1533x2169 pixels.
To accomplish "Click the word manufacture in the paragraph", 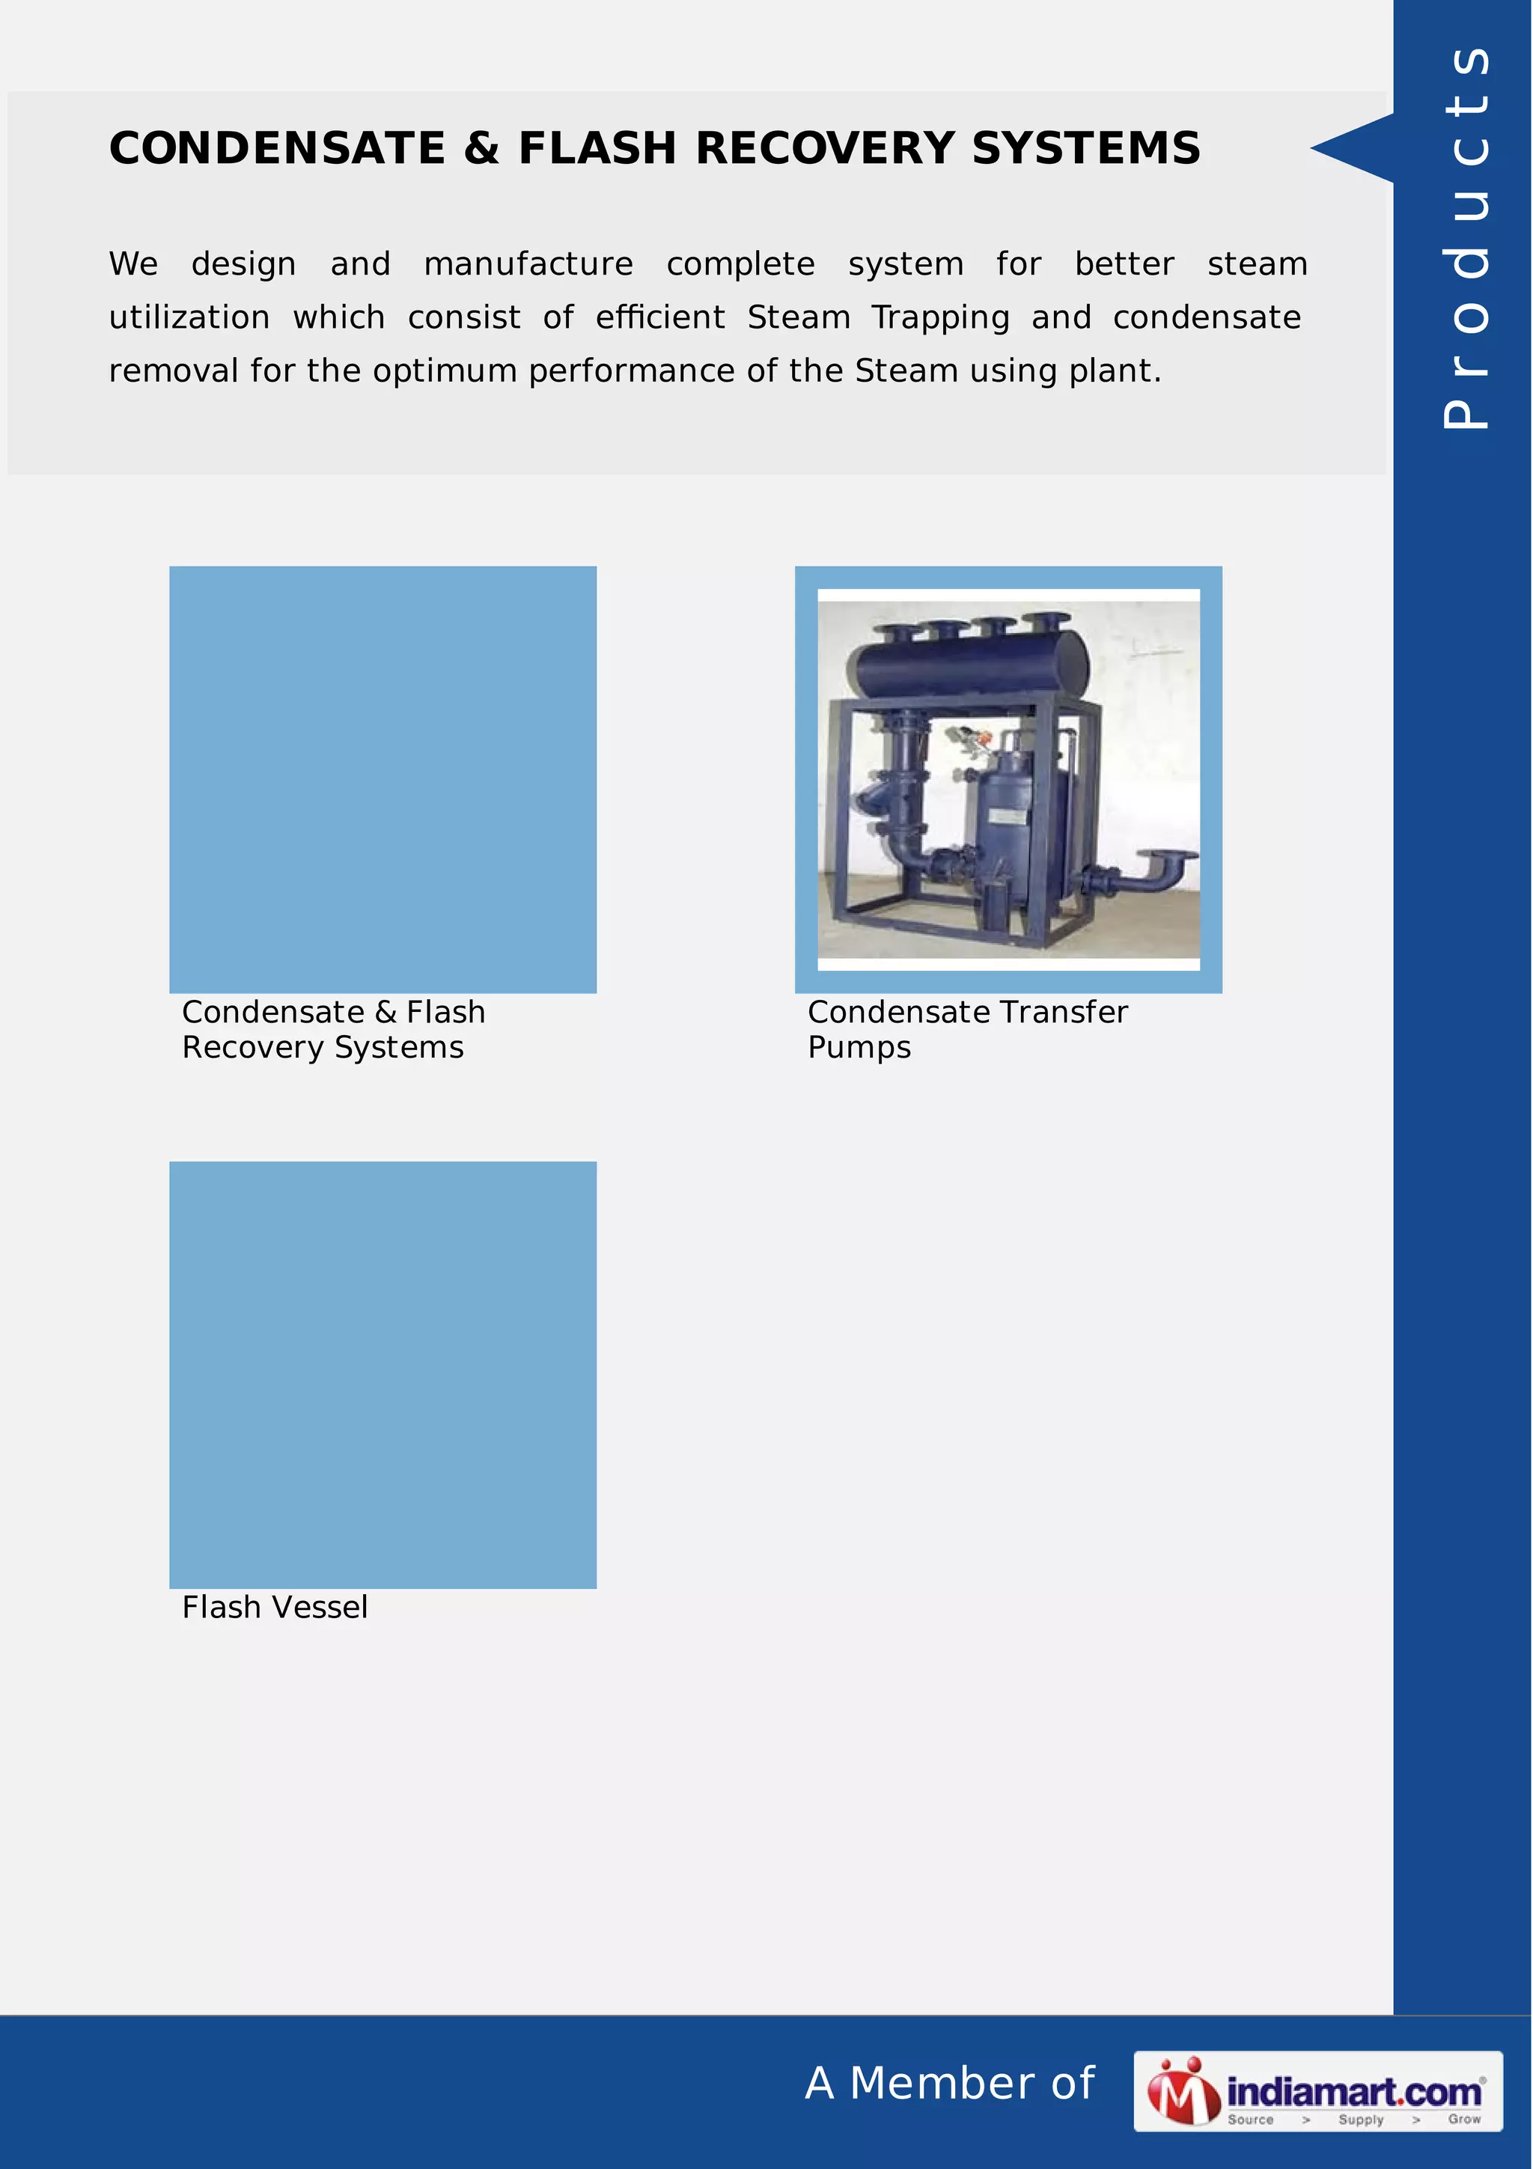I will pos(528,263).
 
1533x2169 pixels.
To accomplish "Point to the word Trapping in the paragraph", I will pos(940,318).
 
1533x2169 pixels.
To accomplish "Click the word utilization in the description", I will pos(189,317).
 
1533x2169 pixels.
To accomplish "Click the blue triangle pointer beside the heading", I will pos(1356,147).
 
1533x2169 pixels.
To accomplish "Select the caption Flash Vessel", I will pos(275,1607).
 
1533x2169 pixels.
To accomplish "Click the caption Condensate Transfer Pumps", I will pos(966,1029).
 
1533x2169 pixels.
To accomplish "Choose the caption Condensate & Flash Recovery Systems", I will pos(332,1029).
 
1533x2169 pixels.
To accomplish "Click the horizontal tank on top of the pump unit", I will pos(970,662).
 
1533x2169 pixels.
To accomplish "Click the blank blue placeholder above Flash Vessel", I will pos(383,1374).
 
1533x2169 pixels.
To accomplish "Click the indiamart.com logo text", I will pos(1353,2091).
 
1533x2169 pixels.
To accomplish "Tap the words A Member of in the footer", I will pos(949,2083).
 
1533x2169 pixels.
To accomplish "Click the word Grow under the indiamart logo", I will pos(1464,2119).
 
